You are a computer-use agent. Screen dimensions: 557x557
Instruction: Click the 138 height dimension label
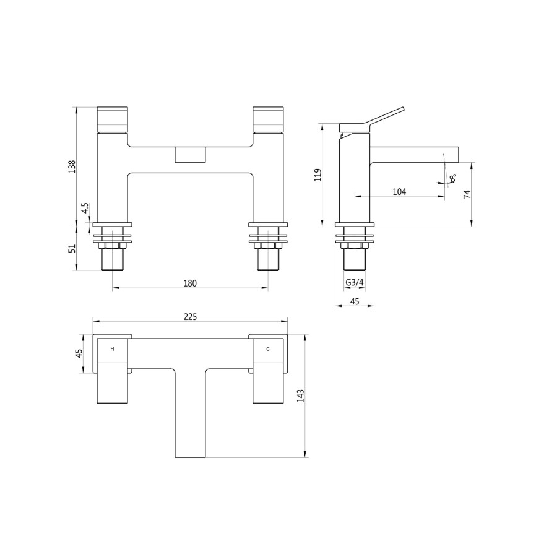coord(72,166)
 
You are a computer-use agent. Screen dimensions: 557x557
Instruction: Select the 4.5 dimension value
coord(85,209)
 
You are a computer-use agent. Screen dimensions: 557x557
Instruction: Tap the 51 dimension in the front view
coord(72,248)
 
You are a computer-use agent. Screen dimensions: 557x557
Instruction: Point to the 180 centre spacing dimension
coord(190,283)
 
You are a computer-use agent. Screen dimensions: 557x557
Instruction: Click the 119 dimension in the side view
coord(317,175)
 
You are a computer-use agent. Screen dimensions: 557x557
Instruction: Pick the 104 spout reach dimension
coord(399,192)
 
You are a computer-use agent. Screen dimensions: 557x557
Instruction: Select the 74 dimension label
coord(467,194)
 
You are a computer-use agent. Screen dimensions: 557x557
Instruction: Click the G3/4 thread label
coord(355,283)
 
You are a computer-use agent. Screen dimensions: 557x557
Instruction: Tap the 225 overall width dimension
coord(190,316)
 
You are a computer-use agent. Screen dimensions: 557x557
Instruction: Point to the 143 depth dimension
coord(300,396)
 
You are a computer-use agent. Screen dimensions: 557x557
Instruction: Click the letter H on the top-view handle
coord(112,349)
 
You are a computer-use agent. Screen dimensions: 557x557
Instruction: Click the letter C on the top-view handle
coord(267,349)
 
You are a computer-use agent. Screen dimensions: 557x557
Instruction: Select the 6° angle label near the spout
coord(453,178)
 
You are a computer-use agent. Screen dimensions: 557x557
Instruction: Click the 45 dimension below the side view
coord(355,301)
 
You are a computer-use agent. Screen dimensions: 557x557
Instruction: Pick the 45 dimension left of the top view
coord(79,353)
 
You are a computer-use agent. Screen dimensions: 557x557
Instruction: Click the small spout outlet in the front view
coord(190,155)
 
